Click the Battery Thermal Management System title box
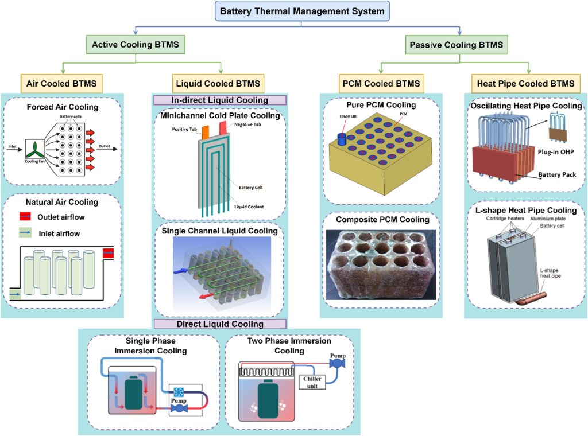(x=295, y=11)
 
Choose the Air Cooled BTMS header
(x=62, y=83)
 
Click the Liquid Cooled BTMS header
(x=219, y=83)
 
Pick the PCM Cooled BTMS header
(x=381, y=83)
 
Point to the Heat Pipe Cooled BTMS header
(x=525, y=83)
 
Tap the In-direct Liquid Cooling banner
(x=219, y=100)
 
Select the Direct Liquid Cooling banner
(x=219, y=324)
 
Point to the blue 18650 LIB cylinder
(x=343, y=139)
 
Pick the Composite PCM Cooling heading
(x=382, y=219)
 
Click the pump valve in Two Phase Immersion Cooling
(x=336, y=362)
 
